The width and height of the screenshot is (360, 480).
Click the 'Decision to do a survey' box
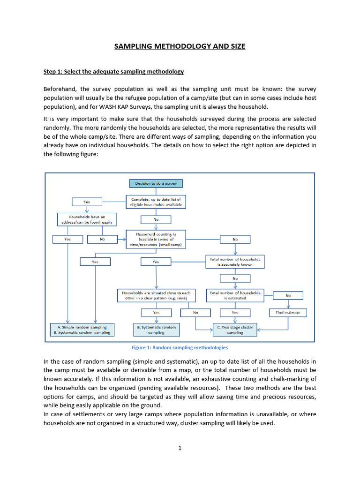[x=156, y=183]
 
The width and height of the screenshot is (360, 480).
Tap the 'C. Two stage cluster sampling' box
[x=235, y=330]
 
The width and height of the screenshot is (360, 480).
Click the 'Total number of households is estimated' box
[x=235, y=295]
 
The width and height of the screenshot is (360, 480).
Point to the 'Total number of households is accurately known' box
[x=235, y=262]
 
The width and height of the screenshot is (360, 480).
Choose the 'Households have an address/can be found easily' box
[x=87, y=219]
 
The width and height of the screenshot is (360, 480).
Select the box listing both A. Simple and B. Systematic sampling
[x=82, y=330]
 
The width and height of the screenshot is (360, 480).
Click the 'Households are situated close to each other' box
[x=156, y=295]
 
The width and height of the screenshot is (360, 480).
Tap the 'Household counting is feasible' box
[x=156, y=239]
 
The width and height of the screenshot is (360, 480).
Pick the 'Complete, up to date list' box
[x=156, y=202]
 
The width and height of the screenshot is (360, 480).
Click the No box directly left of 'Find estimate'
[x=195, y=312]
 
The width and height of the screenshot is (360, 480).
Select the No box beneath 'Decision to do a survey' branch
[x=156, y=219]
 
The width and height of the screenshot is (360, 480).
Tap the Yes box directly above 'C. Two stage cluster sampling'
[x=235, y=312]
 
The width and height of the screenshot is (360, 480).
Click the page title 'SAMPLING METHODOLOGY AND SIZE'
[x=180, y=46]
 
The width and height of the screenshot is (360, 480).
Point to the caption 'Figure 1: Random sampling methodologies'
[x=180, y=348]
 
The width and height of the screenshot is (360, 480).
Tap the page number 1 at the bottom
[x=180, y=448]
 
